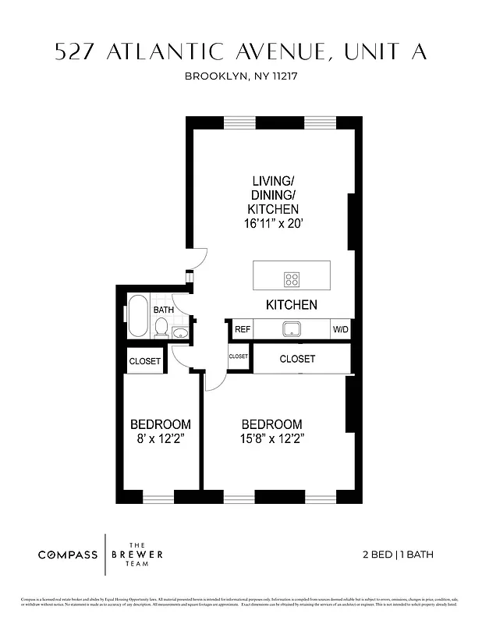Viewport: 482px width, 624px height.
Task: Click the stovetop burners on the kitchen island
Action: (x=292, y=279)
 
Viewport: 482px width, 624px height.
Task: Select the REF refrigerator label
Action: (x=243, y=330)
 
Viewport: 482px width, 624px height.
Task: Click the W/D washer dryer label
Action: (x=341, y=330)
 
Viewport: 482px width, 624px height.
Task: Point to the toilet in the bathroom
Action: (x=161, y=328)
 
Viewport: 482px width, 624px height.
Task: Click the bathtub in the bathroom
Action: (x=138, y=315)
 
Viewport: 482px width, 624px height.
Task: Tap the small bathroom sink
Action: (x=180, y=333)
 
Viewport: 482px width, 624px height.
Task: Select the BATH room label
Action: (x=164, y=310)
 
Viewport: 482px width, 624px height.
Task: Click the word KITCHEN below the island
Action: (x=292, y=305)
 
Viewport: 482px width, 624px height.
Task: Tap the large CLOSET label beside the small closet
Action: (x=297, y=359)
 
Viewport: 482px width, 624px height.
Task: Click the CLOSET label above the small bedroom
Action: (x=144, y=361)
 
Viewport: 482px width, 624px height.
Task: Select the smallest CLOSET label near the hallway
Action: (x=238, y=356)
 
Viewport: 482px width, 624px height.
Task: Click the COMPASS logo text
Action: (x=68, y=555)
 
